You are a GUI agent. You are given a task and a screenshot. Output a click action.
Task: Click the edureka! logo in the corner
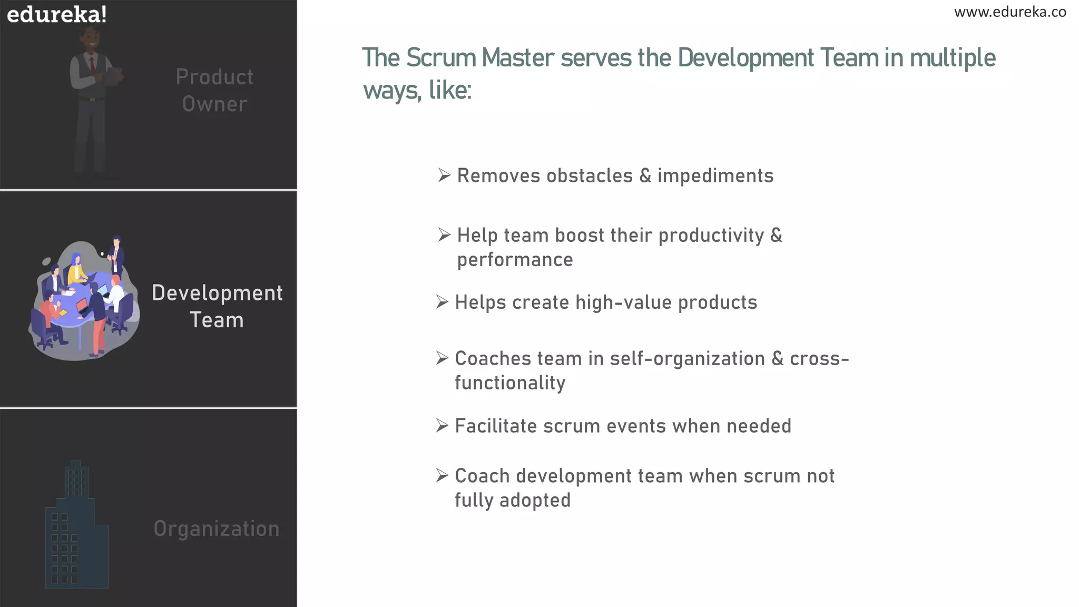click(57, 14)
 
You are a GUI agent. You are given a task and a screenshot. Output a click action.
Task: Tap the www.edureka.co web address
click(1010, 12)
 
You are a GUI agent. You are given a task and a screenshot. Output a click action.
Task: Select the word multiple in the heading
click(953, 58)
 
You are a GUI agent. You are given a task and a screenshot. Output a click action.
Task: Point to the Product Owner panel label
click(214, 90)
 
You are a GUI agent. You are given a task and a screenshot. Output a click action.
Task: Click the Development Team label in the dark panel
click(217, 306)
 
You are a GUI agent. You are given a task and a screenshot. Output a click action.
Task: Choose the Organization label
click(217, 528)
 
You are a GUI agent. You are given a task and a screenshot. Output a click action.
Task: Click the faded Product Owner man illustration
click(94, 100)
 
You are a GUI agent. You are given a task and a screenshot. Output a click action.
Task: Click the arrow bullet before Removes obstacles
click(444, 175)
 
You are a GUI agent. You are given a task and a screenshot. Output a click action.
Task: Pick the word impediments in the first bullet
click(715, 175)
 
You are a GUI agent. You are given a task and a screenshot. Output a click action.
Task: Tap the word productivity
click(711, 236)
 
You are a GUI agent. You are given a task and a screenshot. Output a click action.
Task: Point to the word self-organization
click(687, 358)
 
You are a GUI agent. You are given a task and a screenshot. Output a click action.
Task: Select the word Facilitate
click(496, 426)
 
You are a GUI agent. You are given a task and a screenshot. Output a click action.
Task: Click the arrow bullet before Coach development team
click(442, 475)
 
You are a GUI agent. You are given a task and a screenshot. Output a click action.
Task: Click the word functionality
click(510, 383)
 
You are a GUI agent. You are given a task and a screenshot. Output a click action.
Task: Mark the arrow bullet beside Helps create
click(442, 302)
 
